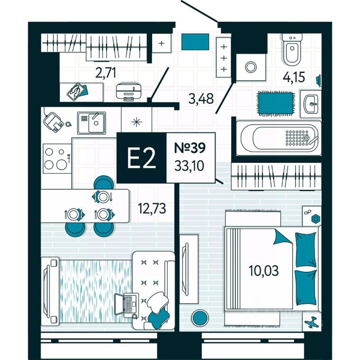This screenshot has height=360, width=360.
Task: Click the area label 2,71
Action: (106, 73)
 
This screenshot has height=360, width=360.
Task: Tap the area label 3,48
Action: (200, 99)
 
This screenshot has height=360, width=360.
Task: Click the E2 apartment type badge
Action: (141, 158)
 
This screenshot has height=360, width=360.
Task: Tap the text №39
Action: (190, 148)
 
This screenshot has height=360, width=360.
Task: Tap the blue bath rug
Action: (276, 103)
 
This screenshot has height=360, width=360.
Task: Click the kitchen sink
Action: (91, 123)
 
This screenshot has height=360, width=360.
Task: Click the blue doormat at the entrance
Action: (195, 42)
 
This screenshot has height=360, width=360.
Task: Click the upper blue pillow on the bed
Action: (306, 249)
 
